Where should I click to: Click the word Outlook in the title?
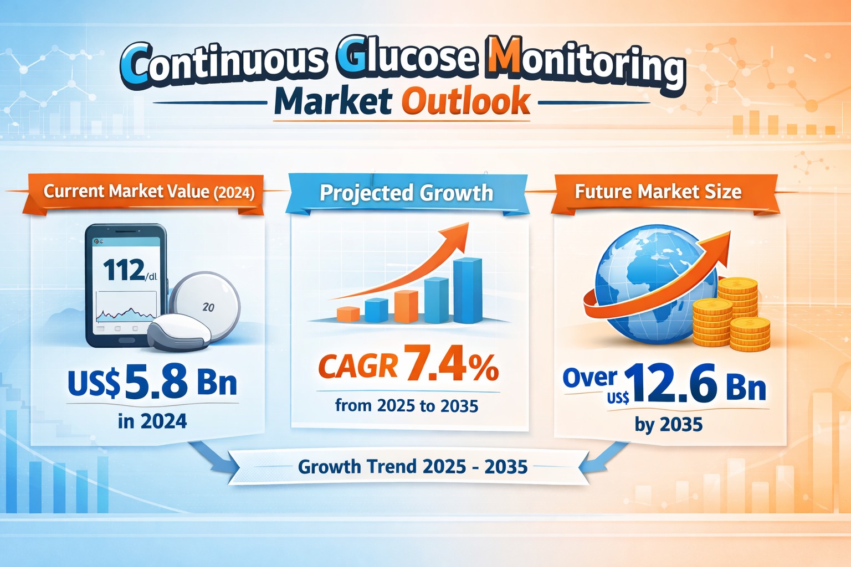pos(465,102)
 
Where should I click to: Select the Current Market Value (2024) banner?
pos(149,192)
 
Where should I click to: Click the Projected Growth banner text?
pos(406,193)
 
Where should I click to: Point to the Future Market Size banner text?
pos(658,192)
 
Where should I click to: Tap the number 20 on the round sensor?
pos(209,307)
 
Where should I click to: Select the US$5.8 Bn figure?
pos(152,383)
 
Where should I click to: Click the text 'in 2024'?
pos(152,421)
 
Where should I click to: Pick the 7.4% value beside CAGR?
pos(452,364)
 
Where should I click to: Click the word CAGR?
pos(358,367)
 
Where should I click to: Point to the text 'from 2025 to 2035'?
pos(406,406)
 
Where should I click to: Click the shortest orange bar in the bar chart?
pos(348,314)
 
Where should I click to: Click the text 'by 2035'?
pos(669,425)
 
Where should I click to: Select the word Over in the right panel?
pos(589,378)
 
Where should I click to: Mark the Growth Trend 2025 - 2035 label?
pos(412,467)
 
